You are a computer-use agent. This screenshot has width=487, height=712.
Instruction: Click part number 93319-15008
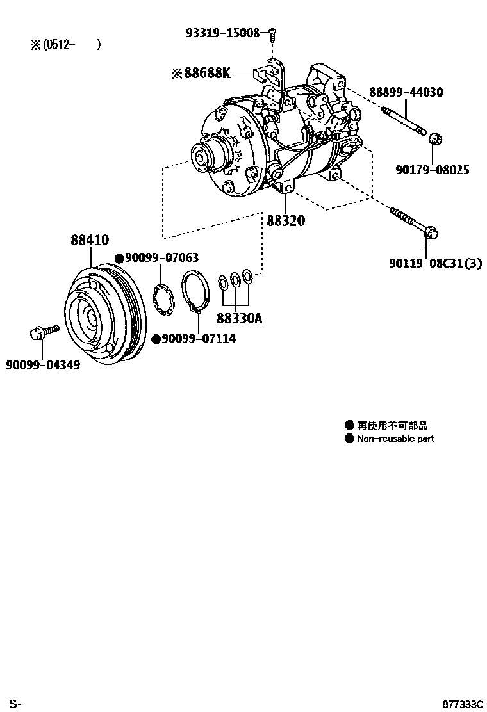[223, 33]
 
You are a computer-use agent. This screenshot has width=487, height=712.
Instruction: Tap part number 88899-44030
[406, 92]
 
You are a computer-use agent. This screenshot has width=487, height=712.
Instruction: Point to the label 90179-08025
[433, 170]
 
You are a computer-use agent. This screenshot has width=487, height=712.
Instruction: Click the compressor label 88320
[286, 221]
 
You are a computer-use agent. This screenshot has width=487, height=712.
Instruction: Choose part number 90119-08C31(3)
[434, 263]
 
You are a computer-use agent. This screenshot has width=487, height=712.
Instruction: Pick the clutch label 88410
[90, 240]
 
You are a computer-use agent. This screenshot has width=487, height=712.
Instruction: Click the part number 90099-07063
[161, 257]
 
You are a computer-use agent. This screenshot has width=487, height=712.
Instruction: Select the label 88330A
[239, 318]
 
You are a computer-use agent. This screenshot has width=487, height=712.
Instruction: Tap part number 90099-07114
[198, 339]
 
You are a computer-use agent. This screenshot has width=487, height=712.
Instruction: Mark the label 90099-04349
[43, 365]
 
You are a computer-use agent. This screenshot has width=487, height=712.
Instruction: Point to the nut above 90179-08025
[434, 139]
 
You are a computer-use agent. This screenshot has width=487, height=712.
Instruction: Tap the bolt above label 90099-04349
[44, 332]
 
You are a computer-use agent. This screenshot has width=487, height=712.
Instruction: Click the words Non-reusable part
[395, 439]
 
